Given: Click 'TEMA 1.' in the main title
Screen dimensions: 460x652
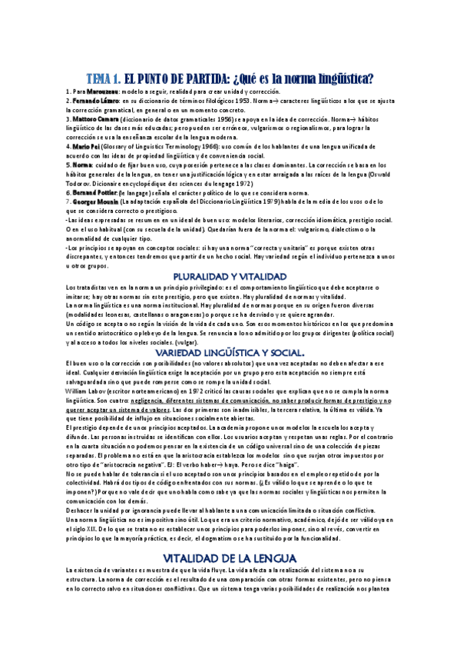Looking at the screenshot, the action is click(103, 78).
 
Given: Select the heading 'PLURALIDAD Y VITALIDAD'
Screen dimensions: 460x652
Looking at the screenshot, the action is click(230, 276).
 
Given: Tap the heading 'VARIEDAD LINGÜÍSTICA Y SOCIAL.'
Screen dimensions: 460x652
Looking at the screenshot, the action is click(230, 351).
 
